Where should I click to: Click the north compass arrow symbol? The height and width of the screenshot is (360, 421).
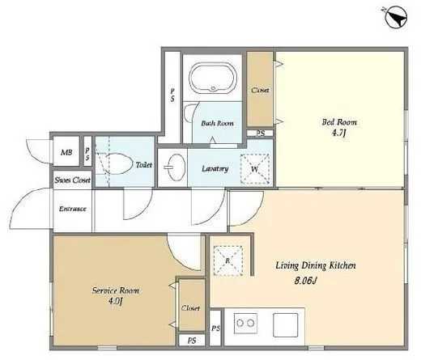pyautogui.click(x=396, y=18)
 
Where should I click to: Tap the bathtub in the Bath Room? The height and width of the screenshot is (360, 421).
pyautogui.click(x=213, y=78)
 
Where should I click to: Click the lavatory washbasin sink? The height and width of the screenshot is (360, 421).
pyautogui.click(x=176, y=167)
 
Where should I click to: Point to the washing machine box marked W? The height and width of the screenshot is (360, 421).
pyautogui.click(x=255, y=169)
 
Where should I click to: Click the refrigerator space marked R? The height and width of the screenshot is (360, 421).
pyautogui.click(x=228, y=260)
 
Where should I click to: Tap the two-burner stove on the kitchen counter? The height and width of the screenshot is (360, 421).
pyautogui.click(x=245, y=323)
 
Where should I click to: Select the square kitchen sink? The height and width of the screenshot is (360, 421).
pyautogui.click(x=285, y=325)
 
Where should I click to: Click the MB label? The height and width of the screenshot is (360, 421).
pyautogui.click(x=66, y=152)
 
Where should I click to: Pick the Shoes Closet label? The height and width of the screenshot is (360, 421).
pyautogui.click(x=72, y=180)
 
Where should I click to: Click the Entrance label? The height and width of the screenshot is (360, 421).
pyautogui.click(x=73, y=209)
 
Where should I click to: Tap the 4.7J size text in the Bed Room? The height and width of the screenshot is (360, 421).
pyautogui.click(x=338, y=133)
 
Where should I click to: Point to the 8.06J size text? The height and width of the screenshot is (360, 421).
pyautogui.click(x=305, y=281)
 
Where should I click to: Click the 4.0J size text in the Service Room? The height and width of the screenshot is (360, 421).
pyautogui.click(x=116, y=301)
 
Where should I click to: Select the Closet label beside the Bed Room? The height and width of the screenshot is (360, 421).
pyautogui.click(x=260, y=90)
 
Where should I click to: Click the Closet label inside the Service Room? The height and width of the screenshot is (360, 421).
pyautogui.click(x=191, y=308)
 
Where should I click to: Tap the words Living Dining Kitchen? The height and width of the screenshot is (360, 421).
pyautogui.click(x=316, y=265)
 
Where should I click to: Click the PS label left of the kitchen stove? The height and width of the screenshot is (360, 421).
pyautogui.click(x=215, y=328)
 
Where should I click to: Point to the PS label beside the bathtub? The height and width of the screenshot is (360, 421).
pyautogui.click(x=172, y=95)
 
